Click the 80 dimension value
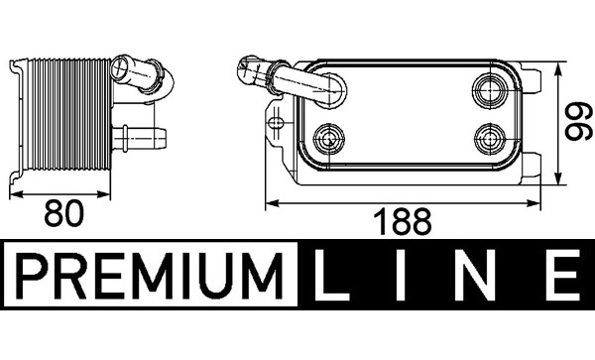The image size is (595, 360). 63,213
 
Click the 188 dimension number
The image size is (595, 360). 403,221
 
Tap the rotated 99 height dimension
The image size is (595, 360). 579,121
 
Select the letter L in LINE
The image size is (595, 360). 330,276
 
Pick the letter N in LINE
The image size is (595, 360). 474,276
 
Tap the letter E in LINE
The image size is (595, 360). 563,276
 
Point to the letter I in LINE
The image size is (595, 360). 401,276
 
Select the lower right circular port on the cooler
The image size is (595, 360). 490,139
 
